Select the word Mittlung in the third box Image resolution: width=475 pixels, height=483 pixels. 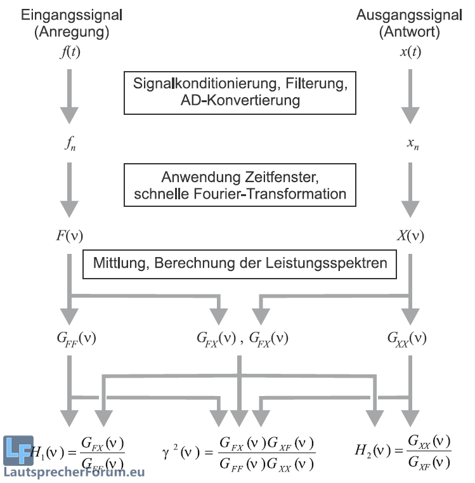(x=117, y=262)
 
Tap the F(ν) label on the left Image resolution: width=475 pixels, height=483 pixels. (x=70, y=237)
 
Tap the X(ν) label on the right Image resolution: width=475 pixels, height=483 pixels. (x=410, y=237)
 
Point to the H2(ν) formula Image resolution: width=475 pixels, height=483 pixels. (x=403, y=451)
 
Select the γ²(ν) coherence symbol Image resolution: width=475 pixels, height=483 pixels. (x=182, y=453)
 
